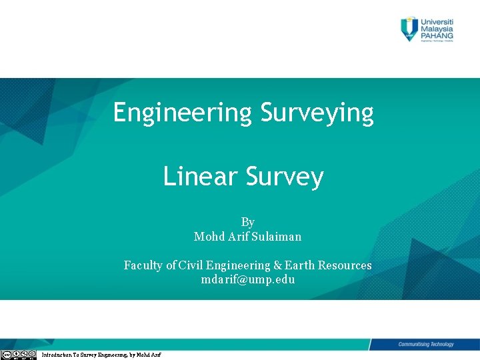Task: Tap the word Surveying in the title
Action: click(317, 113)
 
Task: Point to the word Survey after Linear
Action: click(285, 177)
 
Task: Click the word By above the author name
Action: click(247, 222)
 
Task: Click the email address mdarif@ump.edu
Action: click(247, 280)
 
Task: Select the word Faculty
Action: click(143, 265)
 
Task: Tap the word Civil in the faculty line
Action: click(193, 265)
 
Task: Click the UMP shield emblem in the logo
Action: click(409, 29)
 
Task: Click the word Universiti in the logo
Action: click(437, 21)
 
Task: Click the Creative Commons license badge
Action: click(19, 354)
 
